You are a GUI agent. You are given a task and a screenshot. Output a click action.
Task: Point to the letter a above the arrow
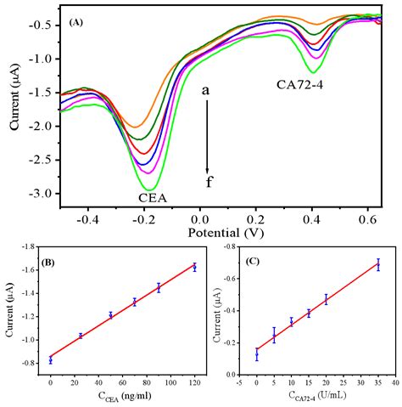click(206, 88)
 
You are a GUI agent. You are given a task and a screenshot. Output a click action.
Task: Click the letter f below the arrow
click(208, 181)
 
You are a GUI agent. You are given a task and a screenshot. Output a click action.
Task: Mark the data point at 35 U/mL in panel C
click(377, 265)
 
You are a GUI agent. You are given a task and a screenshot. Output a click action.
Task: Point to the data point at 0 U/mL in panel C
click(257, 355)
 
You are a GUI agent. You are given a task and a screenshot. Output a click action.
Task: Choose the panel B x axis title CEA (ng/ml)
click(114, 397)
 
